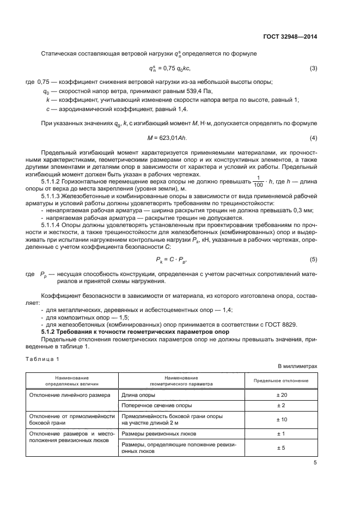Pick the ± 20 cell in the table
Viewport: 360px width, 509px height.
(281, 394)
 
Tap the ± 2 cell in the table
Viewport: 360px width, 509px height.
(281, 405)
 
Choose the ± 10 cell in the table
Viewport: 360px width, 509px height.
(281, 419)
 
